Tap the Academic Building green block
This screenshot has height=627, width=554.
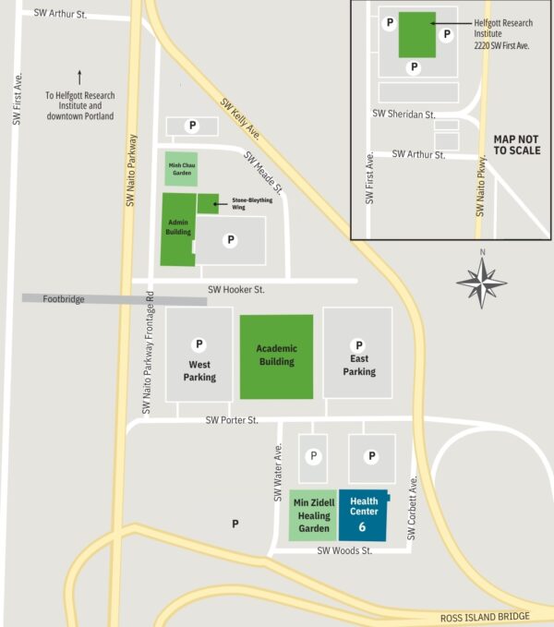(x=276, y=356)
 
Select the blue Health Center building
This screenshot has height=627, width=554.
(x=364, y=513)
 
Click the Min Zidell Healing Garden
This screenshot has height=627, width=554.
(x=313, y=514)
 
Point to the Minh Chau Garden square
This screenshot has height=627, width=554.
(x=181, y=169)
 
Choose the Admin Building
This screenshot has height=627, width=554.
(x=178, y=228)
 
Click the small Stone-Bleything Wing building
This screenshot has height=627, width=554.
(x=207, y=203)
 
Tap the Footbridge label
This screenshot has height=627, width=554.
(x=64, y=299)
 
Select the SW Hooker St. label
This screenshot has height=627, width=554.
(x=236, y=290)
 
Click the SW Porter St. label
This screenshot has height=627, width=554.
(x=232, y=420)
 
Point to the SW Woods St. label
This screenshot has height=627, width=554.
(x=344, y=550)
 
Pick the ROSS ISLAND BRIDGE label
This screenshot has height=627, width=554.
(x=484, y=616)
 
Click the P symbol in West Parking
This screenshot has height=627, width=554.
(x=199, y=344)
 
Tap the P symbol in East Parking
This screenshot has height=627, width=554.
(x=359, y=345)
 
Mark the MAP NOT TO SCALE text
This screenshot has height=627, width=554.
(x=517, y=144)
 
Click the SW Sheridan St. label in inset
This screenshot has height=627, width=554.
(x=403, y=114)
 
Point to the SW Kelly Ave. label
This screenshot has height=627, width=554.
(x=242, y=117)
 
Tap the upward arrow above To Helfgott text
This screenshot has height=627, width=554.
(x=79, y=78)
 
